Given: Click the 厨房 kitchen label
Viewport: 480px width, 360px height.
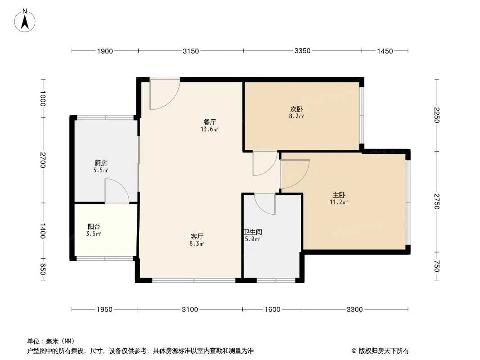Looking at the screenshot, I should (x=101, y=163).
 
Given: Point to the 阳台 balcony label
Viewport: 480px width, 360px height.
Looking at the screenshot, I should (x=94, y=227).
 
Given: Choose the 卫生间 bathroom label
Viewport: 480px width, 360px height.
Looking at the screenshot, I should (x=253, y=232).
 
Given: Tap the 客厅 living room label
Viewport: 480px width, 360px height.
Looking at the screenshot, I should (x=197, y=236).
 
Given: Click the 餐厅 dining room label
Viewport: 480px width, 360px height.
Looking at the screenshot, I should (x=210, y=122).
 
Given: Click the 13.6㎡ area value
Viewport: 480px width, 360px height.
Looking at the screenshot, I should (x=210, y=130).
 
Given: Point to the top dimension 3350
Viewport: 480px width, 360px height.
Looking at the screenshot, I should (x=303, y=51).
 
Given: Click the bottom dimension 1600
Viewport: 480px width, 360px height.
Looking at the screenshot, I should (x=272, y=309).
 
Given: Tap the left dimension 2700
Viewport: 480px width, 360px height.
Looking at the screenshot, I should (x=43, y=161).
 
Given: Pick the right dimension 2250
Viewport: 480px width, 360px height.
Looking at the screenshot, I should (x=437, y=115).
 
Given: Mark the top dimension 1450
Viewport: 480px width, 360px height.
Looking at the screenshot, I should (x=385, y=51).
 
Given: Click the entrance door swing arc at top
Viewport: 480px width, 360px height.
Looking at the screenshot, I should (x=165, y=95).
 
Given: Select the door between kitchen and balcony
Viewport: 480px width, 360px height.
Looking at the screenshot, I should (x=117, y=191).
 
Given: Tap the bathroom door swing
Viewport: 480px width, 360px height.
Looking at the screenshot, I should (x=265, y=204).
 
